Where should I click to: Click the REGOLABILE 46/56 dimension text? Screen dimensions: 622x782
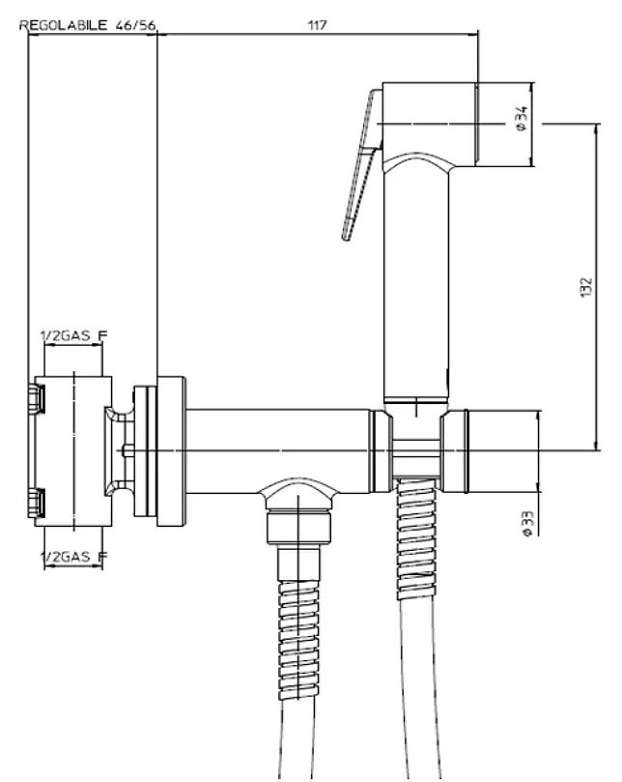point(88,25)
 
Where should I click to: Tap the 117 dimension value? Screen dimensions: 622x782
point(318,25)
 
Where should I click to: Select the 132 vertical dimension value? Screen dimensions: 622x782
point(586,287)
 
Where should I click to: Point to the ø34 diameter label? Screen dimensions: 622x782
point(522,118)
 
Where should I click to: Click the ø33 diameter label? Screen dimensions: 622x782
point(528,523)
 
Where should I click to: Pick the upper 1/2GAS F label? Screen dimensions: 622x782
point(73,335)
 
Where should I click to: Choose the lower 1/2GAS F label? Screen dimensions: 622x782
point(73,556)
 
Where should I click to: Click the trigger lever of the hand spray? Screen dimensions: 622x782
point(361,164)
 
